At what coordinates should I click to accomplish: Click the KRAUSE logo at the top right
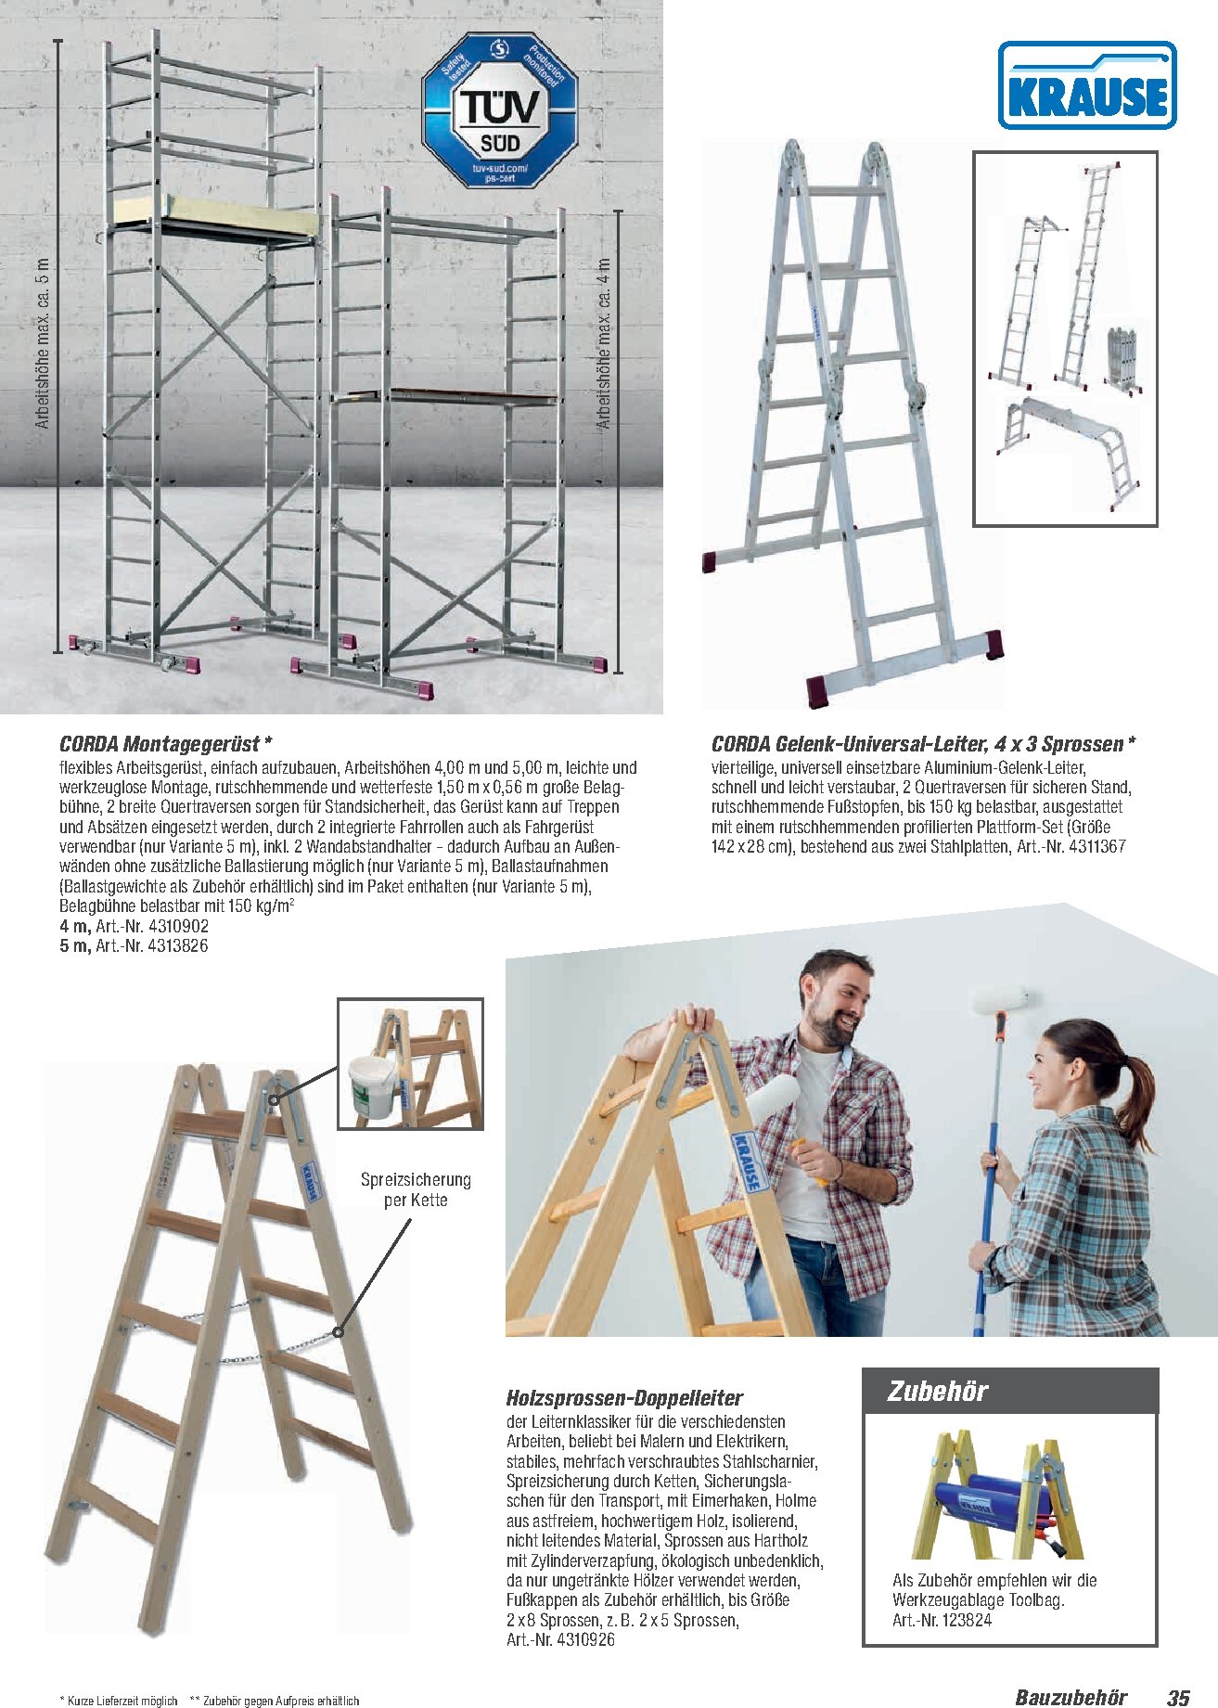pos(1086,84)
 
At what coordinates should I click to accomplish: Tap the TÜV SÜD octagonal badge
pos(500,110)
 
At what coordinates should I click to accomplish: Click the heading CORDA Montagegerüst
pos(166,744)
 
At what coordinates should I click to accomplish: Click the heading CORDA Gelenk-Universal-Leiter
pos(923,744)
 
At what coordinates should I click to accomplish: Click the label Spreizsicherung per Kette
pos(416,1189)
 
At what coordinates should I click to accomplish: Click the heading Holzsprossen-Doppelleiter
pos(624,1398)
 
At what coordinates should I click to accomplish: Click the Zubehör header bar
pos(1010,1391)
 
